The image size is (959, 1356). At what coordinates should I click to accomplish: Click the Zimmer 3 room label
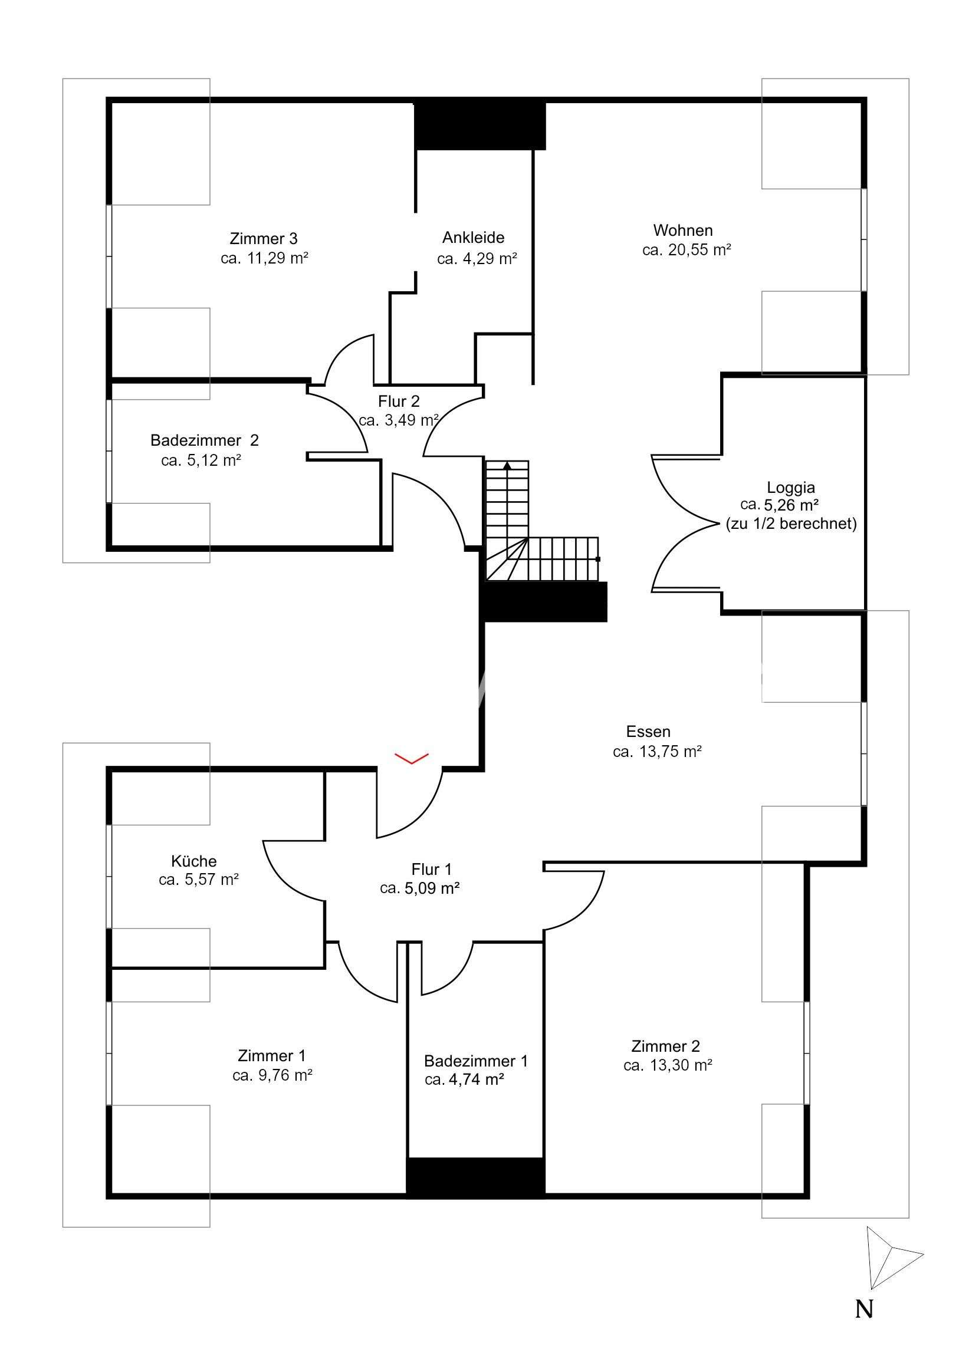point(263,239)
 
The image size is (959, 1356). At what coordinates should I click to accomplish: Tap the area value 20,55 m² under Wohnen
point(687,250)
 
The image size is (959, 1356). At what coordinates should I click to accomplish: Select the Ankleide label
point(473,238)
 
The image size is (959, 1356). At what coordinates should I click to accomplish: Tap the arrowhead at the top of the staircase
point(507,465)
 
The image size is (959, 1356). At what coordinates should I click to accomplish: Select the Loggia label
point(790,487)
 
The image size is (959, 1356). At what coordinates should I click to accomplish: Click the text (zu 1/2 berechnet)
point(790,524)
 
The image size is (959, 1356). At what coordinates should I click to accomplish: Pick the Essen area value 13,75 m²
point(657,752)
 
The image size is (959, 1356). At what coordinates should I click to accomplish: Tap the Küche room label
point(194,861)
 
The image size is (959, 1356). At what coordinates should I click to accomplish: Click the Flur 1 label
point(431,869)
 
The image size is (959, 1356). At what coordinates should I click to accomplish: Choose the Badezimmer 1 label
point(475,1061)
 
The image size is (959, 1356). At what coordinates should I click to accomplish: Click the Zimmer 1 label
point(272,1055)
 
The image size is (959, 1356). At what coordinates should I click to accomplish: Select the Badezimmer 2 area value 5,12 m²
point(201,460)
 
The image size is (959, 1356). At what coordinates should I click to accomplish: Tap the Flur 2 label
point(399,401)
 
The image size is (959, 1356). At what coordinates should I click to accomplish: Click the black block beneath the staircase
point(544,601)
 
